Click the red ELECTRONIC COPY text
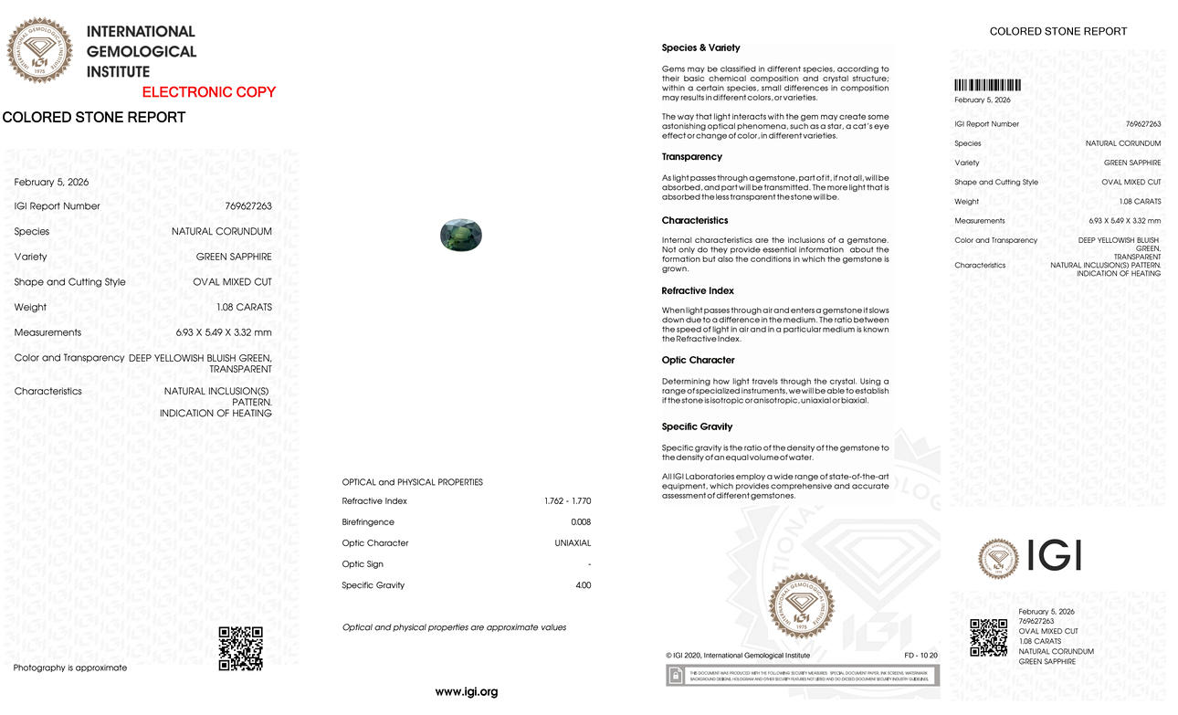coord(208,92)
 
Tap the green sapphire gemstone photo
coord(460,235)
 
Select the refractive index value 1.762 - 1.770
coord(567,501)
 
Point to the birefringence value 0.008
coord(581,522)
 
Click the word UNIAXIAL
coord(573,543)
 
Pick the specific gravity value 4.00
coord(583,585)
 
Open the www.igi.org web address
coord(466,692)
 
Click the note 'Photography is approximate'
coord(70,668)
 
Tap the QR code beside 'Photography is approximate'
coord(241,648)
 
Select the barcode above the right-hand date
coord(987,85)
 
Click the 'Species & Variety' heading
coord(700,47)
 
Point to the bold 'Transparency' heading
coord(691,157)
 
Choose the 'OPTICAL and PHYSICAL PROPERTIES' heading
coord(412,482)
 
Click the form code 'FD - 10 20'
coord(920,656)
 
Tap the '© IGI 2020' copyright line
coord(738,656)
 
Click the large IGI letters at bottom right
coord(1054,556)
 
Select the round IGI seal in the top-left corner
coord(39,50)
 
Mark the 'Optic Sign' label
coord(363,564)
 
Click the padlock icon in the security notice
coord(677,676)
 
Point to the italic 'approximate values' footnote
coord(454,627)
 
